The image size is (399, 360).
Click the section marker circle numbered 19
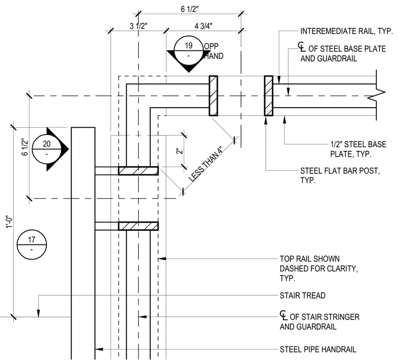point(188,50)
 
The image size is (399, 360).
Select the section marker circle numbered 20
point(47,149)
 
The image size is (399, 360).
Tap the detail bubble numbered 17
point(32,244)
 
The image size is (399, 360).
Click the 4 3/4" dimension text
point(204,26)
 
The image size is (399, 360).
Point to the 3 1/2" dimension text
point(139,26)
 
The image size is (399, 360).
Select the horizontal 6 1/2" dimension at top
point(190,9)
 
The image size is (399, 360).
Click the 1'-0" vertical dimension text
point(9,223)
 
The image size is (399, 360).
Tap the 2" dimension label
point(180,151)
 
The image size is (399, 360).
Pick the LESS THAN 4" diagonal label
point(205,164)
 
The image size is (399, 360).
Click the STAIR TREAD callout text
point(302,295)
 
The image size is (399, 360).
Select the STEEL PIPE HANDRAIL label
point(318,349)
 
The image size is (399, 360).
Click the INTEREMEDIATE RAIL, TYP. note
point(346,31)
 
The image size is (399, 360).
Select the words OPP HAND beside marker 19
point(214,51)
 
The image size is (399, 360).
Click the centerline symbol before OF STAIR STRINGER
point(283,315)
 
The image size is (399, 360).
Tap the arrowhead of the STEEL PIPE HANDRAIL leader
point(99,349)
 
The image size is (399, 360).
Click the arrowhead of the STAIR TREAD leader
point(38,313)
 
